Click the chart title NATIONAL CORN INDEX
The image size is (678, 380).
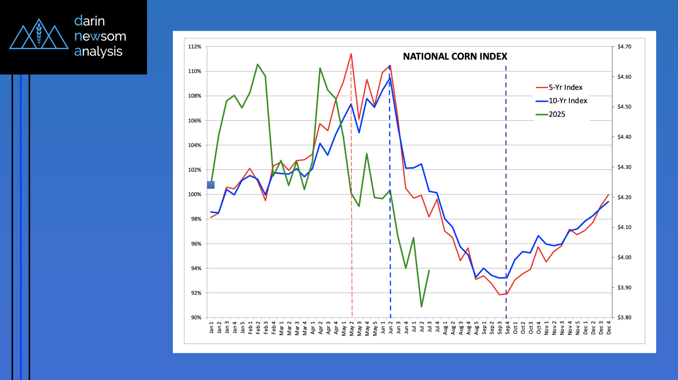[x=455, y=56]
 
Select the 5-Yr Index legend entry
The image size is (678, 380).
[x=565, y=88]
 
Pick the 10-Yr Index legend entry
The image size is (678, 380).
[x=568, y=101]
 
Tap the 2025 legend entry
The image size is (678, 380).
[x=557, y=114]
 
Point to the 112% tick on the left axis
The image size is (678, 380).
[x=195, y=47]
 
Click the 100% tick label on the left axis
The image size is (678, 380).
[x=195, y=194]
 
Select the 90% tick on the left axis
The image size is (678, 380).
[x=196, y=317]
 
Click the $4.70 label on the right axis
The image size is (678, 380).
[x=624, y=47]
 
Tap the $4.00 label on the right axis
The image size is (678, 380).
[x=624, y=257]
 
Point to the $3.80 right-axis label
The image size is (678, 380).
[x=624, y=317]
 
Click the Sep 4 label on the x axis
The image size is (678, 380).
[x=507, y=327]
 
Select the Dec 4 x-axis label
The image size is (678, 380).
[x=609, y=327]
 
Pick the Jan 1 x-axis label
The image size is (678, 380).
[x=211, y=327]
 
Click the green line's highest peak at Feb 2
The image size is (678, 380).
[x=257, y=64]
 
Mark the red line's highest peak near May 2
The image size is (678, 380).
[x=351, y=54]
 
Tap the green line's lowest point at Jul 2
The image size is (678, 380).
[x=421, y=307]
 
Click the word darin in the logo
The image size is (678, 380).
[x=90, y=21]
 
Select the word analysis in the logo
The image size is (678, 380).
[x=98, y=51]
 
